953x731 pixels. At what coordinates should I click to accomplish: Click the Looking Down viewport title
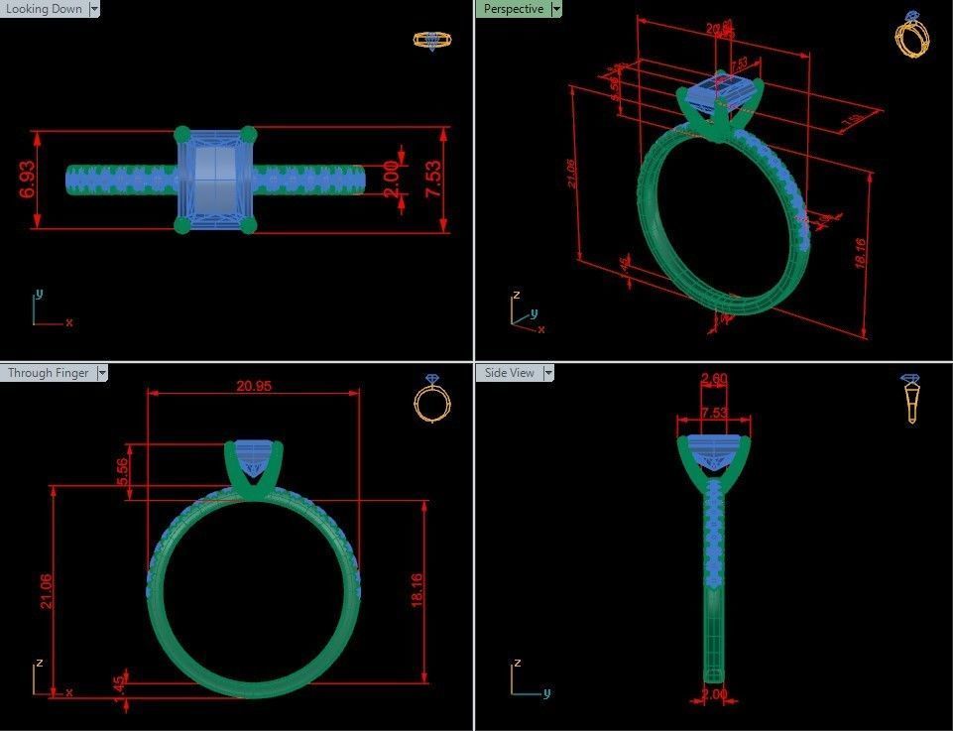(x=44, y=9)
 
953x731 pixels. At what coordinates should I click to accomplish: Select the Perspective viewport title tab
(x=513, y=9)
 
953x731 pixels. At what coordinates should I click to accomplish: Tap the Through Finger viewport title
(x=48, y=373)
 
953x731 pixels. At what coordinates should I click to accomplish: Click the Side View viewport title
(x=509, y=373)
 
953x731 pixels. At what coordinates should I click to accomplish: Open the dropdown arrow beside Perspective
(x=556, y=9)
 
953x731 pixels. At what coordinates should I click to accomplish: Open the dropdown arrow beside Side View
(x=547, y=373)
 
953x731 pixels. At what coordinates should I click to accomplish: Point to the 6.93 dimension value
(x=28, y=180)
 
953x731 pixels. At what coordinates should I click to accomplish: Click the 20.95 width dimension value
(x=253, y=386)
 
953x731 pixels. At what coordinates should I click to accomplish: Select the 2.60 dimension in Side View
(x=714, y=379)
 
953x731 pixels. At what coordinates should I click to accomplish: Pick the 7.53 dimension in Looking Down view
(x=433, y=180)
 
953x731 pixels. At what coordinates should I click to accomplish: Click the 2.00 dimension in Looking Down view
(x=391, y=180)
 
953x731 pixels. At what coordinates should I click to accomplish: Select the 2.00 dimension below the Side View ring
(x=714, y=695)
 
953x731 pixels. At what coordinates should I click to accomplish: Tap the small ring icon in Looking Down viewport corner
(x=432, y=41)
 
